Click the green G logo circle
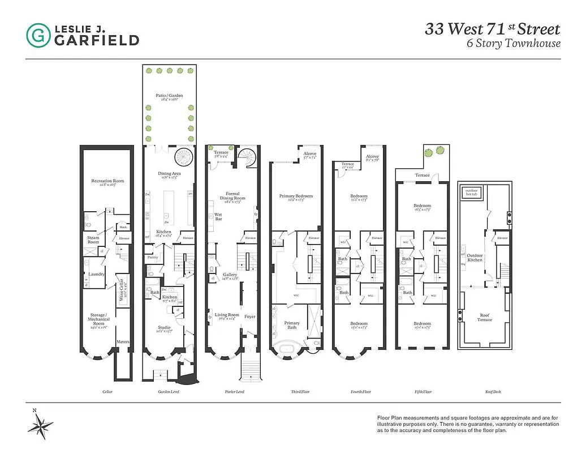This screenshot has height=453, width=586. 38,35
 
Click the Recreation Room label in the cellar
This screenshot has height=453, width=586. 107,181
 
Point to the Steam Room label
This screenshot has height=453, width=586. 93,240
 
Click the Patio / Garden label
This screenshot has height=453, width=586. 169,96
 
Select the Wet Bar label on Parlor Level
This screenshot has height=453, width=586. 218,216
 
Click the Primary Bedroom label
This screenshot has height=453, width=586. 296,196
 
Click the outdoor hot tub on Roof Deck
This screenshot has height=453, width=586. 471,192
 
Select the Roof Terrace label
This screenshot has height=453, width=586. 484,318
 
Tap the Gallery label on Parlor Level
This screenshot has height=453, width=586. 230,275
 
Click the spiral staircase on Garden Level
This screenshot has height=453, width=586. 184,155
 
